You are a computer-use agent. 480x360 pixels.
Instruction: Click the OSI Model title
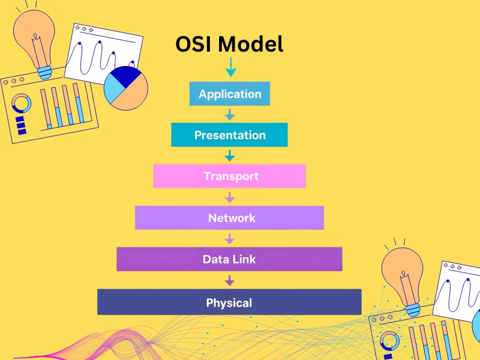point(229,44)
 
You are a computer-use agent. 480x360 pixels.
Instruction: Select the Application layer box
point(230,94)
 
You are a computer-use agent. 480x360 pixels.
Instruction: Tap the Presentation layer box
point(230,135)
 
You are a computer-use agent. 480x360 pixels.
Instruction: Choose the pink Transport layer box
point(230,176)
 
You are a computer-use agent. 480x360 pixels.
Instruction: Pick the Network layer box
point(230,218)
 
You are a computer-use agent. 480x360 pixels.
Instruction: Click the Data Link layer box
point(230,259)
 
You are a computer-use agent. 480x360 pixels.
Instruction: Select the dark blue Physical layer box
point(230,302)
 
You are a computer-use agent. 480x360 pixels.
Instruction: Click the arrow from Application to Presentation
point(230,114)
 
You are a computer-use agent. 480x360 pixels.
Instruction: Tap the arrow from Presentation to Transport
point(230,155)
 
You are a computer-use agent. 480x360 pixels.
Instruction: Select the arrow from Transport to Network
point(230,197)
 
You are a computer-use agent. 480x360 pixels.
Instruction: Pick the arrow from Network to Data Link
point(230,238)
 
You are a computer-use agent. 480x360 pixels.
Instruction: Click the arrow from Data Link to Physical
point(230,280)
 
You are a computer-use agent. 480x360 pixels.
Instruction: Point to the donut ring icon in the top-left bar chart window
point(22,103)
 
